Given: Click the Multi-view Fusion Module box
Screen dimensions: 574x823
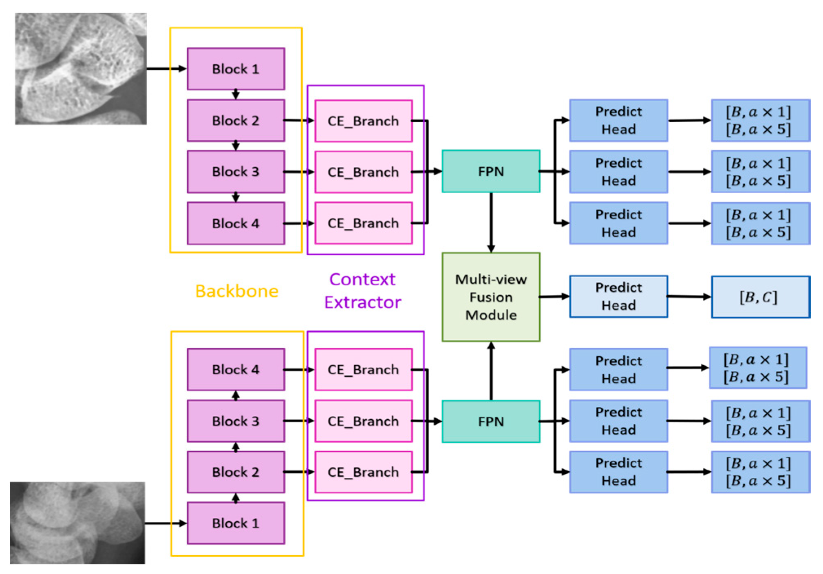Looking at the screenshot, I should [x=490, y=297].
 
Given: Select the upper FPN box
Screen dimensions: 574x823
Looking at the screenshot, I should [x=490, y=171].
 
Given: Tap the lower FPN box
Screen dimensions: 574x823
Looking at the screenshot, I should [x=490, y=421].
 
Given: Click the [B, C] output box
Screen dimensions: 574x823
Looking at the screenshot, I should [x=760, y=297].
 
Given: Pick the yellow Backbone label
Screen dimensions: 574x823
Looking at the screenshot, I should [x=236, y=291].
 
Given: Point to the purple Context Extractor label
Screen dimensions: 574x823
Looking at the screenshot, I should [x=362, y=291].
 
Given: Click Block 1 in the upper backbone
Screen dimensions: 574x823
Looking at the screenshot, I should [x=236, y=69].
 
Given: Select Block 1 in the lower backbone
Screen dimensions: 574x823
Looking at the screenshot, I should [x=236, y=523].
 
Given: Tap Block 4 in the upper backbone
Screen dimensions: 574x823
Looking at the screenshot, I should [x=236, y=223].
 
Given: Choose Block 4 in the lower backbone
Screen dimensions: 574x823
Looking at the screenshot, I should [x=236, y=369].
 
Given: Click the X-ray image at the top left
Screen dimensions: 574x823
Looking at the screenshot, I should [x=81, y=68].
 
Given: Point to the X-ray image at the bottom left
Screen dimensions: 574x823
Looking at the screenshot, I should [x=77, y=523].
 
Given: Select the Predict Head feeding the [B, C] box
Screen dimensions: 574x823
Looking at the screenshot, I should [x=618, y=296].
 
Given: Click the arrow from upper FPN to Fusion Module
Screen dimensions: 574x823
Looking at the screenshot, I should [x=491, y=222].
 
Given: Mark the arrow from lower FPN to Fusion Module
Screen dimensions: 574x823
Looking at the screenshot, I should [x=491, y=371].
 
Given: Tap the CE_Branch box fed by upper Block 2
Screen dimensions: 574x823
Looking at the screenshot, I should [x=363, y=121].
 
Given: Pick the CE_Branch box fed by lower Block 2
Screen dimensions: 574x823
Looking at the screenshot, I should [x=363, y=472].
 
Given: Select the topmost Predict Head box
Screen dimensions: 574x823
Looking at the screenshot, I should [x=618, y=120].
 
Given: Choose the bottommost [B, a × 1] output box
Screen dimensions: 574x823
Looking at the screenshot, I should [x=760, y=472].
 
